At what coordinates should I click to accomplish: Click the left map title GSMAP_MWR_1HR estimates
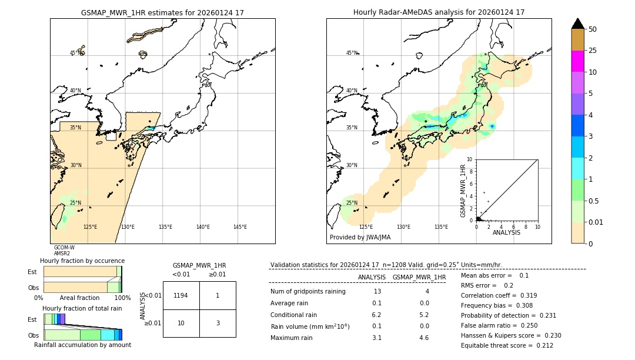(162, 12)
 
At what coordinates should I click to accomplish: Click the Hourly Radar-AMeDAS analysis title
(439, 12)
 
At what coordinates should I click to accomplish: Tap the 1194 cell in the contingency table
(181, 296)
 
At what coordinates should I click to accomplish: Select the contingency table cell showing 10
(181, 323)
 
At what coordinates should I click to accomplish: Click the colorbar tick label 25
(593, 51)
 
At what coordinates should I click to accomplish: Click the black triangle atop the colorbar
(578, 24)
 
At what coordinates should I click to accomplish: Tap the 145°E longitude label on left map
(240, 227)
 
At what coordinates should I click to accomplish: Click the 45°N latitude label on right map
(351, 53)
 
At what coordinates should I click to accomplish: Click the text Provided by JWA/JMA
(360, 238)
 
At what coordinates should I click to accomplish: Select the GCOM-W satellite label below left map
(64, 248)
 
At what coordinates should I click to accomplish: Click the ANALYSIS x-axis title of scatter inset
(506, 232)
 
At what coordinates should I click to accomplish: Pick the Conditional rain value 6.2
(377, 315)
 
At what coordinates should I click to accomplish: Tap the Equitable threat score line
(507, 345)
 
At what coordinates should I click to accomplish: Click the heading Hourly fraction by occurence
(82, 261)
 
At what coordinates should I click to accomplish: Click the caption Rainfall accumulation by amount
(82, 345)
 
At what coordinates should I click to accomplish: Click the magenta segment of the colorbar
(578, 61)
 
